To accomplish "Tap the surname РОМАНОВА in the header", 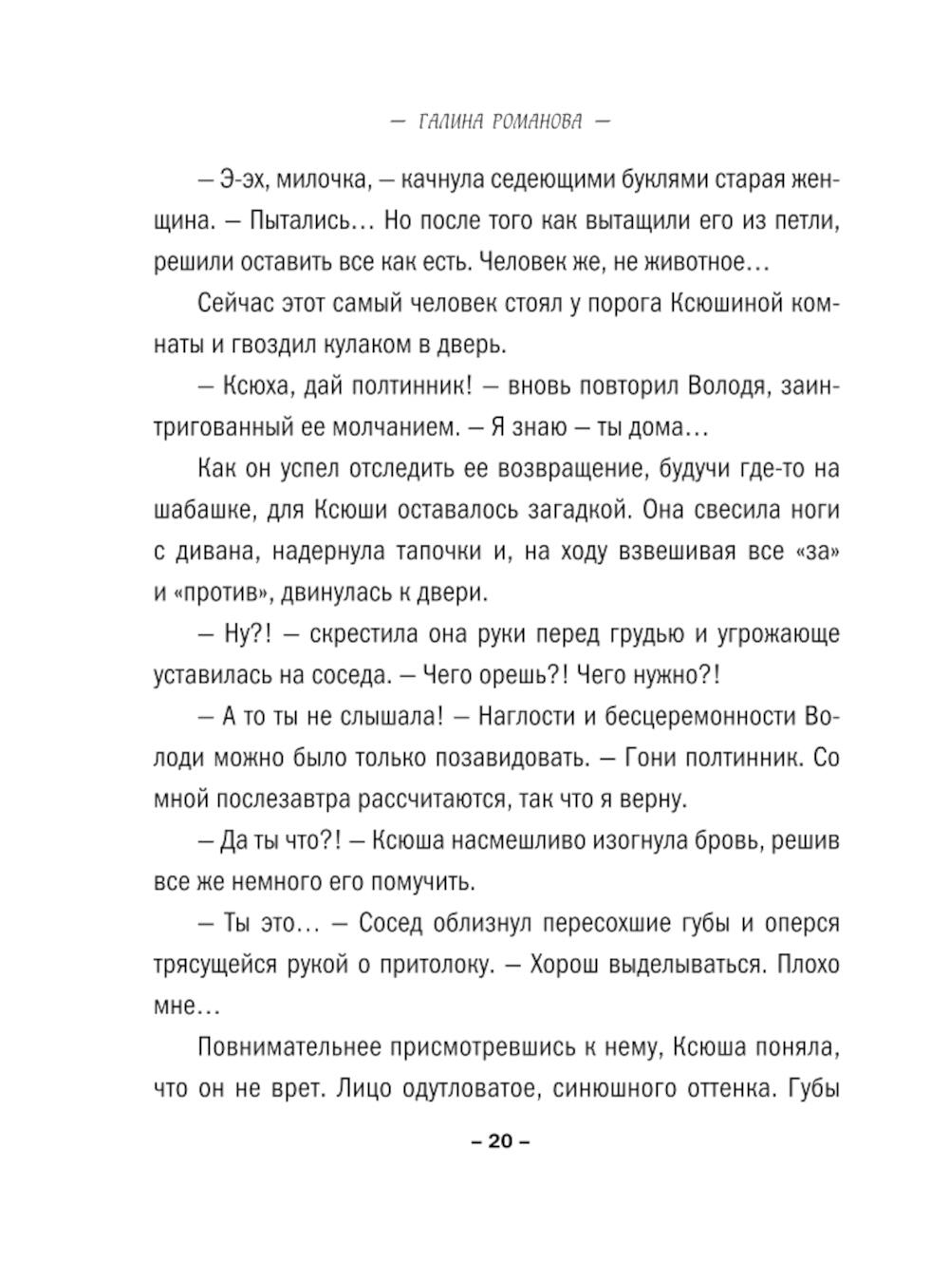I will [x=537, y=122].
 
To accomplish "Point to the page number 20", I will [x=500, y=1141].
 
